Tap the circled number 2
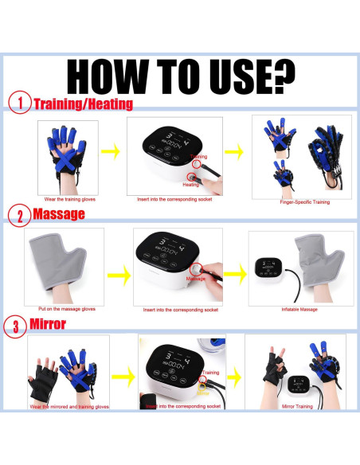click(19, 214)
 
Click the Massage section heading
click(59, 214)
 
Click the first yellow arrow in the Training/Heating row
click(112, 151)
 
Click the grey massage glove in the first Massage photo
click(64, 263)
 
